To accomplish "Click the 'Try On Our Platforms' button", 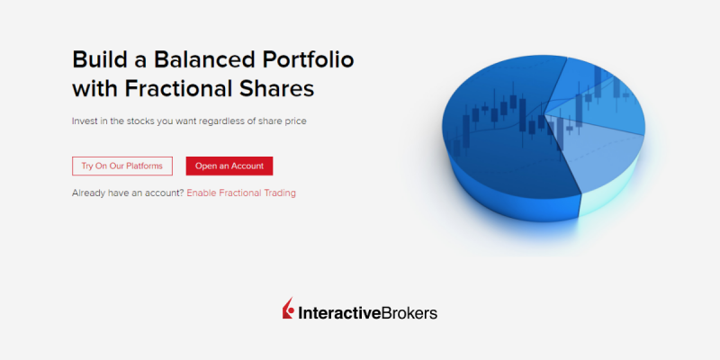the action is [122, 166].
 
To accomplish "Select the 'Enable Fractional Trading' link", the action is [241, 193].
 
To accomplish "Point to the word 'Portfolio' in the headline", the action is [308, 59].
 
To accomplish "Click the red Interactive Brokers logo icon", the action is [288, 308].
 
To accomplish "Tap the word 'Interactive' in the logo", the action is [339, 313].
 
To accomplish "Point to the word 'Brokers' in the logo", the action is [409, 313].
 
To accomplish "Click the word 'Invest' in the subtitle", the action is [82, 121].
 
